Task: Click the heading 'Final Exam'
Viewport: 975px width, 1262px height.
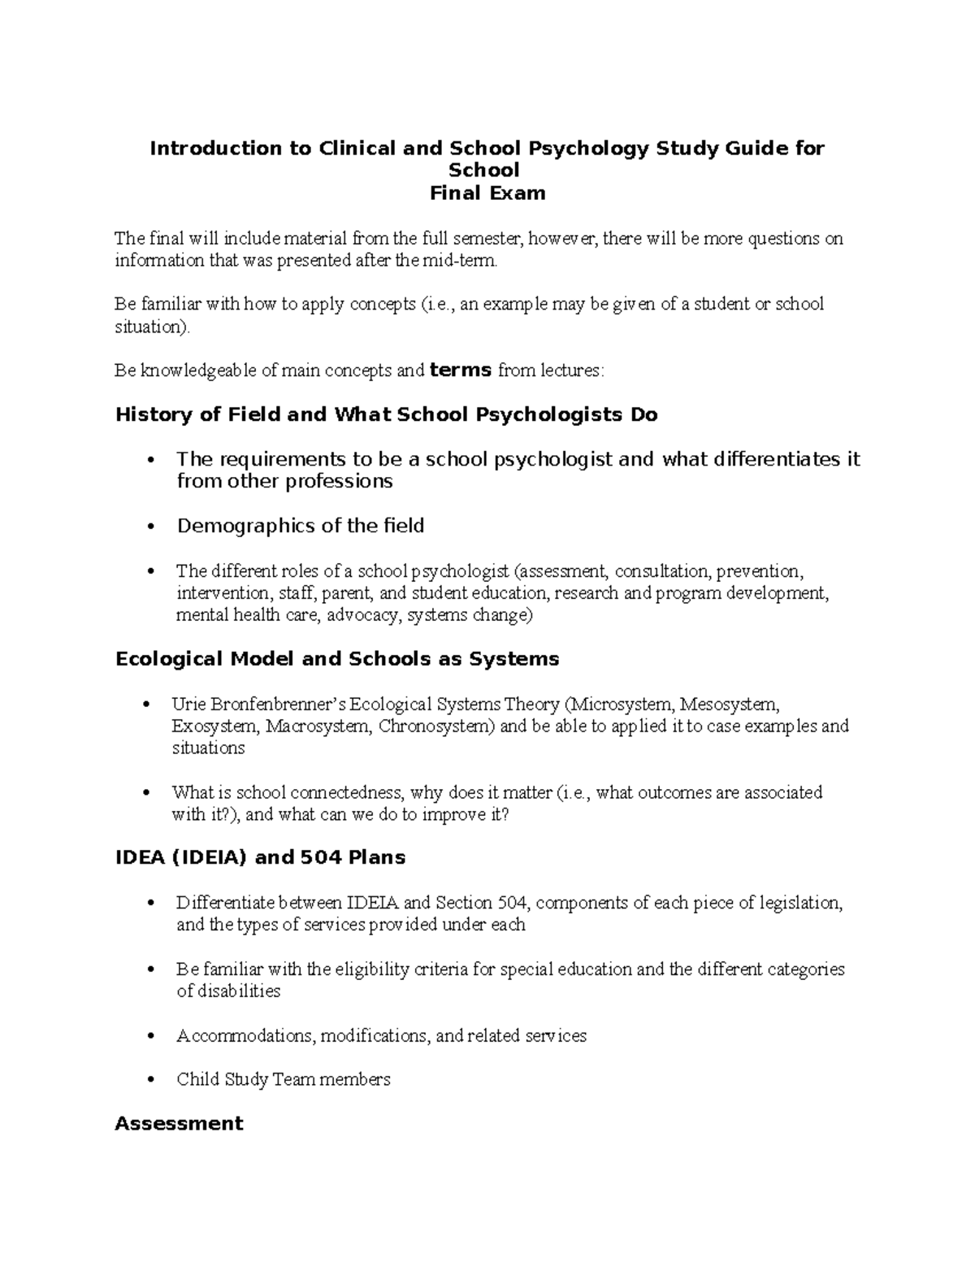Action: pyautogui.click(x=487, y=193)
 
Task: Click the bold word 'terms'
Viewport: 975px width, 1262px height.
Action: pyautogui.click(x=460, y=371)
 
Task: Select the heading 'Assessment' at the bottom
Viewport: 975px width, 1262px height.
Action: pyautogui.click(x=179, y=1124)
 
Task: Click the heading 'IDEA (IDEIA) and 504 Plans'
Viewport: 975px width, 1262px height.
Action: pyautogui.click(x=260, y=857)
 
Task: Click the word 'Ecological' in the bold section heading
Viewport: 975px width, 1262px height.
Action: pyautogui.click(x=169, y=659)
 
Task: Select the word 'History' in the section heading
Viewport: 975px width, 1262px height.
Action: pyautogui.click(x=152, y=415)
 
